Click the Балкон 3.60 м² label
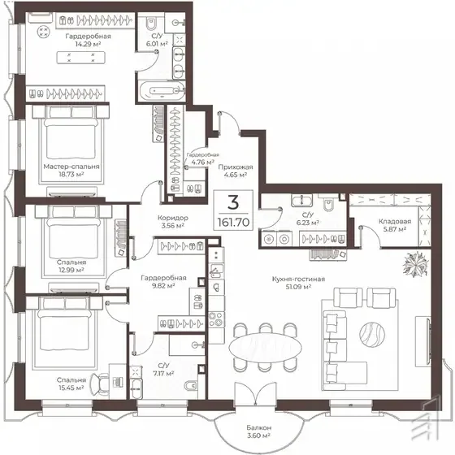point(259,431)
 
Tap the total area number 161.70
point(233,223)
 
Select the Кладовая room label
point(395,221)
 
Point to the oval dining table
point(265,348)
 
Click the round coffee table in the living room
point(372,334)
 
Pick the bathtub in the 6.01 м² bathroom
point(162,91)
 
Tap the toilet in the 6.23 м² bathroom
point(329,203)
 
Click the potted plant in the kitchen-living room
point(415,263)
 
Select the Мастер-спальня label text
point(71,167)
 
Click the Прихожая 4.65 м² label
point(236,171)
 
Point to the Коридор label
point(172,218)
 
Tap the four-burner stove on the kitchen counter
point(216,319)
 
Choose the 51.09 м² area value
point(299,287)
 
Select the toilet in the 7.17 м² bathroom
point(191,385)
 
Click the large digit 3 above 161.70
point(233,202)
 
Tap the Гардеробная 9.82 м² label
point(163,282)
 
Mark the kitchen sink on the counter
point(216,271)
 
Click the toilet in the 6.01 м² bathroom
point(151,24)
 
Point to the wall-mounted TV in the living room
point(428,340)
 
